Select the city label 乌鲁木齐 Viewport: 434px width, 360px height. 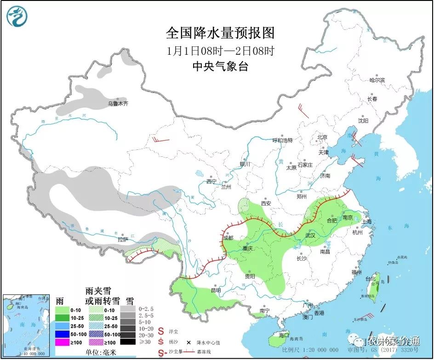[118, 104]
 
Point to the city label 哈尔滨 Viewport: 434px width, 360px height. [377, 80]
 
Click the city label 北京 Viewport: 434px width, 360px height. [322, 137]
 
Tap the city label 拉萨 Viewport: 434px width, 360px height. [122, 240]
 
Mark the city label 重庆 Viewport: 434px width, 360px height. [248, 248]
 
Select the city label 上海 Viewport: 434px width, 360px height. [366, 221]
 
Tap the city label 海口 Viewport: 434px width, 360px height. [284, 335]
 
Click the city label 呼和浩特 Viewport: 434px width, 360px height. [282, 140]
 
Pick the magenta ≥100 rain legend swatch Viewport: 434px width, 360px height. [62, 342]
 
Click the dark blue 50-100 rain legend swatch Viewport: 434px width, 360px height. [62, 333]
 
